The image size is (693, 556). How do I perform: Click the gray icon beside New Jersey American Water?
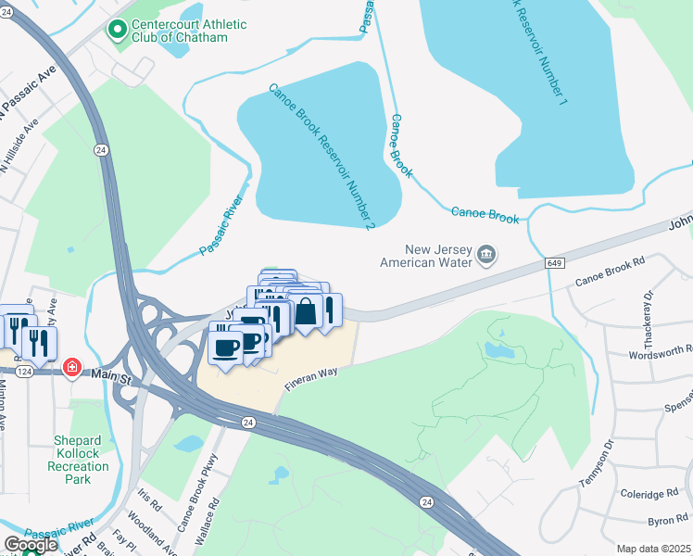pyautogui.click(x=486, y=254)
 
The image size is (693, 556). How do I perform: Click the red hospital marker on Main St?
pyautogui.click(x=71, y=369)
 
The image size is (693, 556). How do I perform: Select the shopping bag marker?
pyautogui.click(x=305, y=311)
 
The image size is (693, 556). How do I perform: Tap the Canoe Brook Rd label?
pyautogui.click(x=610, y=272)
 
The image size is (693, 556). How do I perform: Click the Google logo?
pyautogui.click(x=31, y=545)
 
